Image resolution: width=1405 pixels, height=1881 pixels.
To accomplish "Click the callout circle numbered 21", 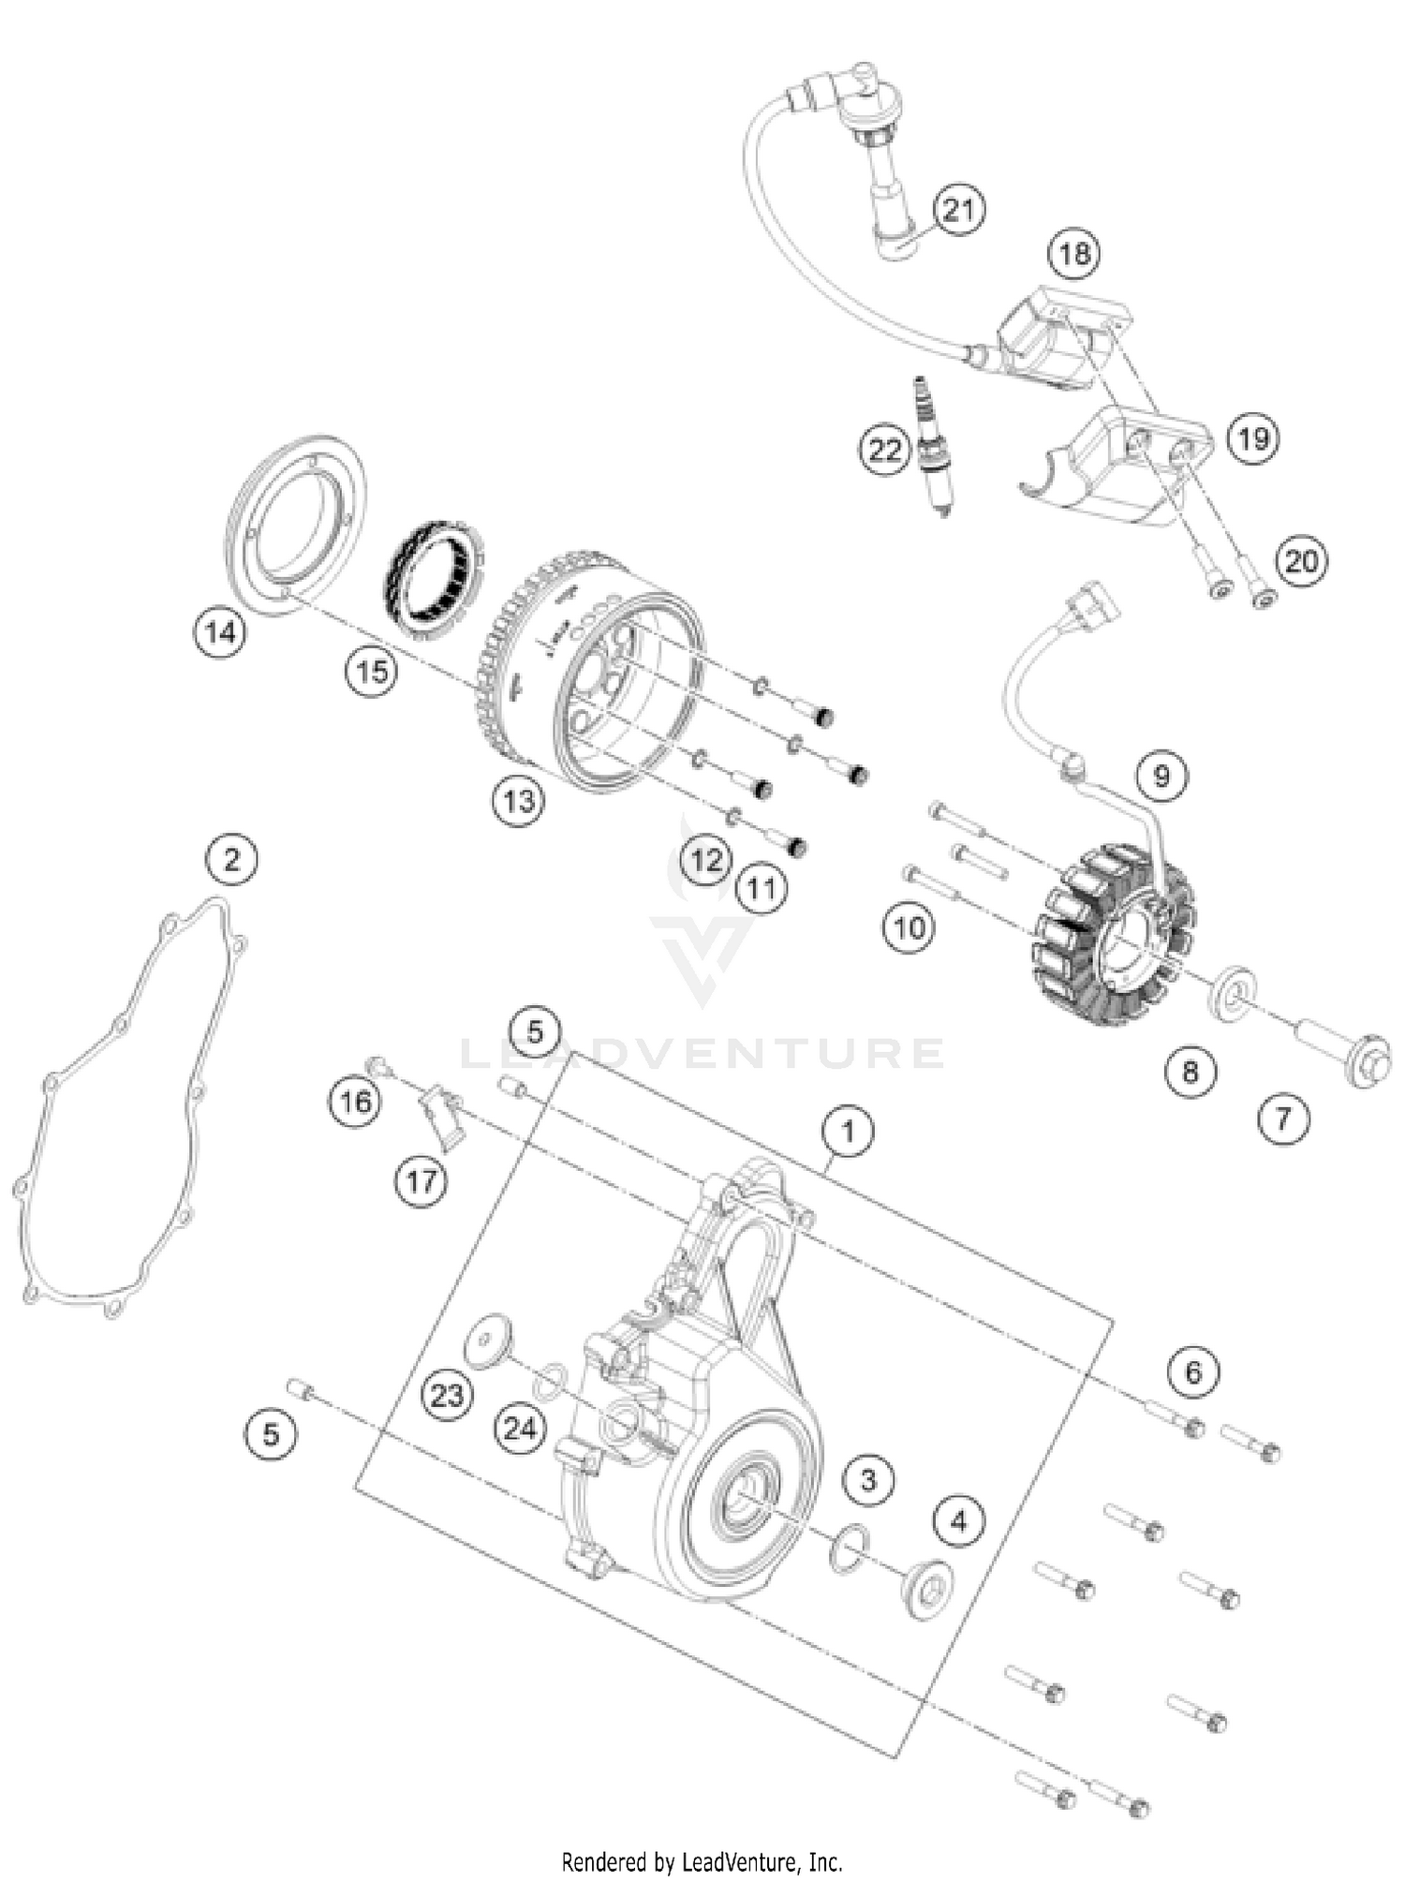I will (958, 211).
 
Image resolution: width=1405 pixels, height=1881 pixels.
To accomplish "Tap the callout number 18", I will (1074, 253).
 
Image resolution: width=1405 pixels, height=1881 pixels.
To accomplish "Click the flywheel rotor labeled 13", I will (599, 684).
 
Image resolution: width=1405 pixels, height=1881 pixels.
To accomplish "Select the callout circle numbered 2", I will (231, 859).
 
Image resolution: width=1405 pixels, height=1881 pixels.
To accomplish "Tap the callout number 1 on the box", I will (848, 1132).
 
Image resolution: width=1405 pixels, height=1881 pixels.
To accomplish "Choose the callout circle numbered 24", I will (520, 1429).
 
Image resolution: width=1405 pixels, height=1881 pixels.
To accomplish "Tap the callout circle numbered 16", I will (356, 1101).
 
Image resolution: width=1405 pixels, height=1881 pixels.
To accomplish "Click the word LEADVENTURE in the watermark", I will (702, 1054).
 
